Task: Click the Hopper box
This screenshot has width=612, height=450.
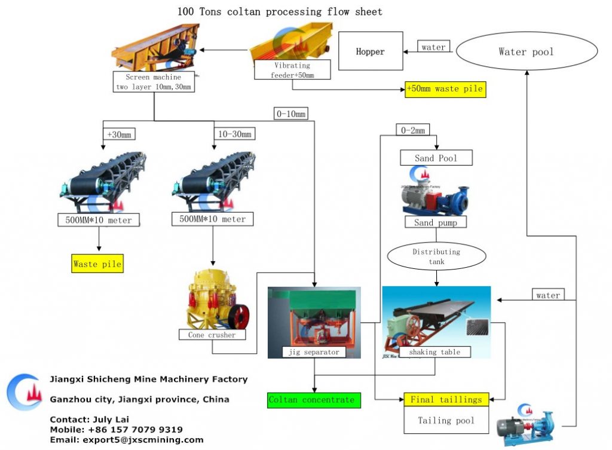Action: pos(370,51)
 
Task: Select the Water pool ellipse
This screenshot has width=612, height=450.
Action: pos(526,51)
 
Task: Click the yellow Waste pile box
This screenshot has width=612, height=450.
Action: pos(97,264)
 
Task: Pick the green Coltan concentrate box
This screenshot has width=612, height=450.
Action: pos(314,400)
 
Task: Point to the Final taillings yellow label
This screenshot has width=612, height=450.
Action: pos(446,400)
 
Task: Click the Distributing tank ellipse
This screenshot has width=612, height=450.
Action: pos(436,256)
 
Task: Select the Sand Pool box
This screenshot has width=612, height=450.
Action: pos(436,158)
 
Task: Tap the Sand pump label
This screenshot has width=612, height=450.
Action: pos(436,222)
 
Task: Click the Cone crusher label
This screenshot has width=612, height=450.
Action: pos(212,335)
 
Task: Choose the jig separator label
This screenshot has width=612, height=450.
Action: pos(314,352)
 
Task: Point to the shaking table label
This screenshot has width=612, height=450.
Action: pos(434,352)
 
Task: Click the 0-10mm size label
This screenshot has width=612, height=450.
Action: pos(292,114)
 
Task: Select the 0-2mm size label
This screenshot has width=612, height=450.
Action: pos(411,130)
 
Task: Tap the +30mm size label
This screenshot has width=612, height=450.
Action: pos(117,134)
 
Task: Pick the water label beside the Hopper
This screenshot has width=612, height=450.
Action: pos(433,47)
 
